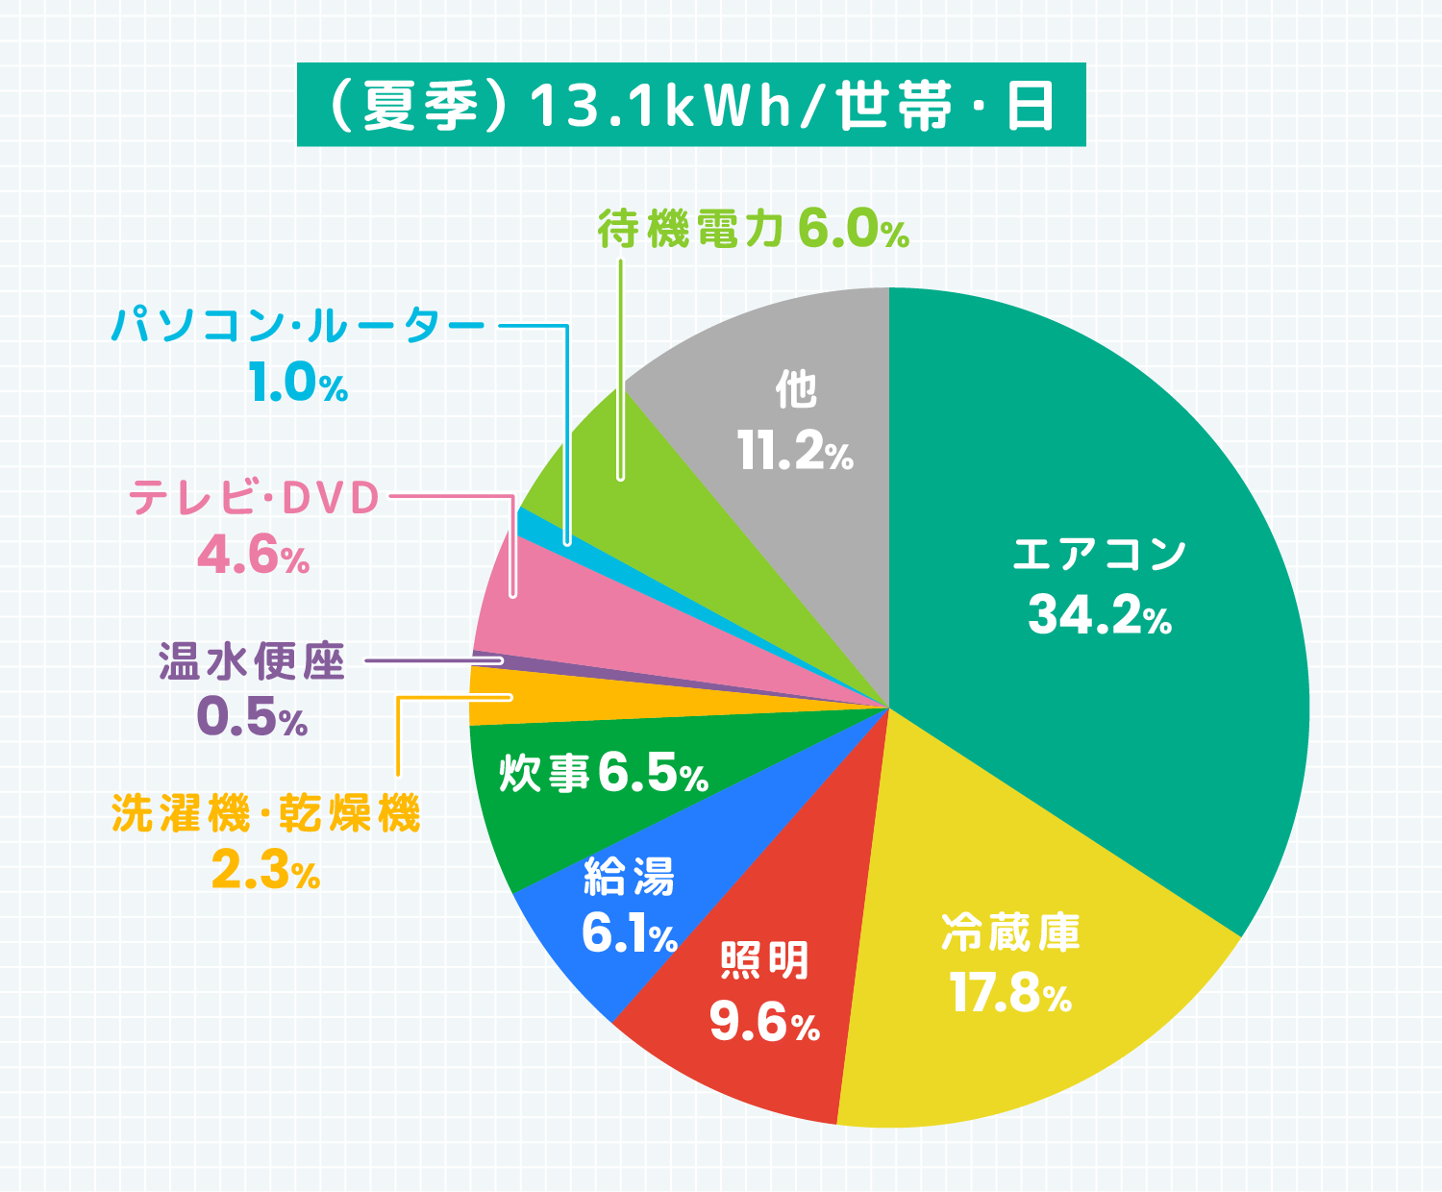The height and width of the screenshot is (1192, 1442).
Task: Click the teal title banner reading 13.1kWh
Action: click(690, 105)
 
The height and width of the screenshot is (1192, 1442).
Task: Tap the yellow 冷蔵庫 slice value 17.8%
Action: click(1009, 994)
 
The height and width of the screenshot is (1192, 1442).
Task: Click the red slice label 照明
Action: click(764, 959)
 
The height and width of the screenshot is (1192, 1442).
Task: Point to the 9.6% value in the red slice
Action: click(764, 1022)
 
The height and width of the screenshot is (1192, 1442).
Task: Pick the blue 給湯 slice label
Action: click(630, 876)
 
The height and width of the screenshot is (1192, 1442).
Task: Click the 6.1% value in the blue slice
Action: click(630, 934)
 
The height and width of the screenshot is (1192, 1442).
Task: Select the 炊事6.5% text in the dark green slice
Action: click(604, 772)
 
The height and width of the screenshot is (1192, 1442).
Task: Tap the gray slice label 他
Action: click(796, 389)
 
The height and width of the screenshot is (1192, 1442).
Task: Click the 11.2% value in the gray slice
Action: click(796, 450)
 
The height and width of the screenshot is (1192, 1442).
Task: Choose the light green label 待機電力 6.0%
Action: click(753, 230)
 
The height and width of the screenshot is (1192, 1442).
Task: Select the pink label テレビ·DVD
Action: click(255, 497)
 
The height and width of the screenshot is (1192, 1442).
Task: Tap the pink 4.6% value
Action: click(253, 556)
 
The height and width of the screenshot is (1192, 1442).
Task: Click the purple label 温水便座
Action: click(252, 661)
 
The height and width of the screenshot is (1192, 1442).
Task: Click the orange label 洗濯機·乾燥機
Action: click(266, 813)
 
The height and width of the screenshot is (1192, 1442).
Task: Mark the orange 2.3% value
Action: click(265, 871)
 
